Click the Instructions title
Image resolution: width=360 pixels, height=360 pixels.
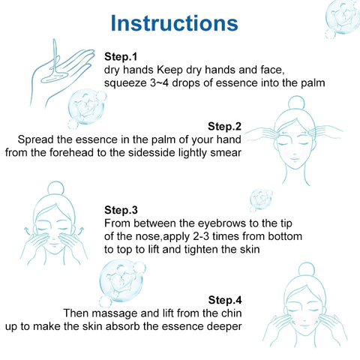point(174,23)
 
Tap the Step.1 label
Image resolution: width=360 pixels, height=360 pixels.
point(121,56)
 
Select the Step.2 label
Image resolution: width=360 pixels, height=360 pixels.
point(224,126)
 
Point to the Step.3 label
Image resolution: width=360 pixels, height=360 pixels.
point(121,210)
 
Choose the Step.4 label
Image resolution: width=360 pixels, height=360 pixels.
point(225,300)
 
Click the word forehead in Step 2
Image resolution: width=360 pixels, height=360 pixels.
point(71,152)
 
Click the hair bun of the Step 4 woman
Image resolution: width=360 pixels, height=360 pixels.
point(307,270)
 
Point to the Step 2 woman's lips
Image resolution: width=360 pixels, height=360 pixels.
point(295,158)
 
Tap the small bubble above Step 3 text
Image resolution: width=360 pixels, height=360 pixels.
point(261,199)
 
